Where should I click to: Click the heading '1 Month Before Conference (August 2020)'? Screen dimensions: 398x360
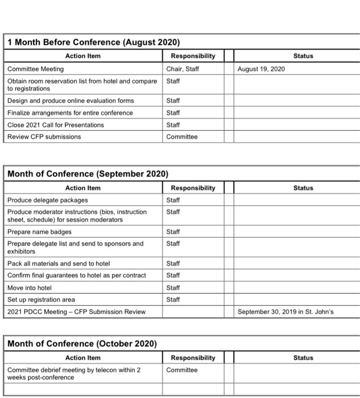click(93, 43)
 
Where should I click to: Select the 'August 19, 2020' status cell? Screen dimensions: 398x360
click(262, 69)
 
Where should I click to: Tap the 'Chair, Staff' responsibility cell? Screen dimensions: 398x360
click(182, 69)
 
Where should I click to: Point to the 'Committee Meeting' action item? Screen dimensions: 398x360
click(35, 69)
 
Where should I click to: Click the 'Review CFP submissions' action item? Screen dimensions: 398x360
click(44, 136)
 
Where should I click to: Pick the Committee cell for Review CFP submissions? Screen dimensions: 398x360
click(182, 136)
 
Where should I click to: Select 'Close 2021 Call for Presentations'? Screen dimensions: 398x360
click(56, 125)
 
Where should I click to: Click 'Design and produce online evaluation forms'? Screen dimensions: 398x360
click(71, 101)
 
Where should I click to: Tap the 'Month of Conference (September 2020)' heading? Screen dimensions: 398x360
click(88, 174)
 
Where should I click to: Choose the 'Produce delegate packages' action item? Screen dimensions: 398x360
click(48, 200)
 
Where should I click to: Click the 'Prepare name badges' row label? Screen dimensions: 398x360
click(39, 231)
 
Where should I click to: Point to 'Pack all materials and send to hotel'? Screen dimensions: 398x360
click(59, 263)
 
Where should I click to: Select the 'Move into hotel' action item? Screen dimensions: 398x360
click(30, 288)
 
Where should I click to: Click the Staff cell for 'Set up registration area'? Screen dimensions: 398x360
click(173, 299)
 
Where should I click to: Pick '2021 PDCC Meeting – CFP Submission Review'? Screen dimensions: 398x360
click(76, 312)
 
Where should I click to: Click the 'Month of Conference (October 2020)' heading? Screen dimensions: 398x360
click(82, 344)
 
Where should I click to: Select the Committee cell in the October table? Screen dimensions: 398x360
click(182, 370)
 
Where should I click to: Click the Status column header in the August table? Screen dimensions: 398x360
click(303, 56)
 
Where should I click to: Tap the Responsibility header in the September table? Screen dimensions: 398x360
click(193, 188)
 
